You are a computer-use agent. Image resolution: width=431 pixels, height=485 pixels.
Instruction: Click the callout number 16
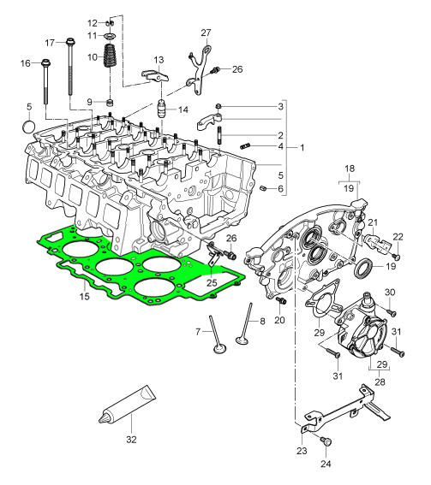point(24,62)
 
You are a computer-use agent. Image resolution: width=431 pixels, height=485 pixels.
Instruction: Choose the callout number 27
point(206,33)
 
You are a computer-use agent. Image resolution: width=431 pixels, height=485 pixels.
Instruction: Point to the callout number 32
point(130,442)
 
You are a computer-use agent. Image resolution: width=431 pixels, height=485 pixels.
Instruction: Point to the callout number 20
point(278,321)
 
